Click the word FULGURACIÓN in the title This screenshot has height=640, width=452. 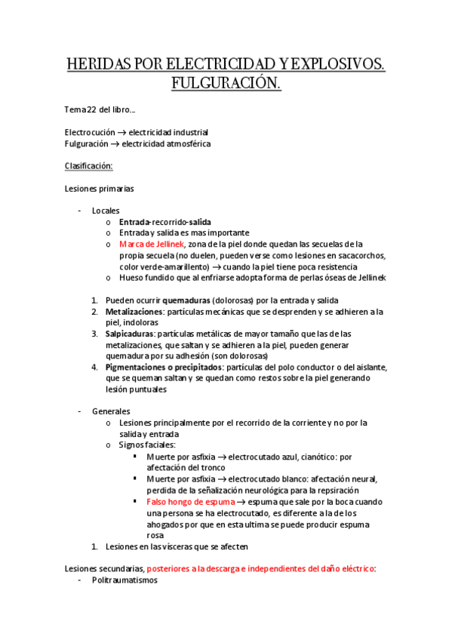[x=226, y=81]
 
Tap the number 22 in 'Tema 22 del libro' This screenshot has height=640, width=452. [x=92, y=110]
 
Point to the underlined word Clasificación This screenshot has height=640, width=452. [x=89, y=165]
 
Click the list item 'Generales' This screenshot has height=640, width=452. [x=111, y=411]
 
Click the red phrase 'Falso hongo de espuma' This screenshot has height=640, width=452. [x=191, y=501]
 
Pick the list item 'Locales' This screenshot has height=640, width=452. [x=106, y=211]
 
